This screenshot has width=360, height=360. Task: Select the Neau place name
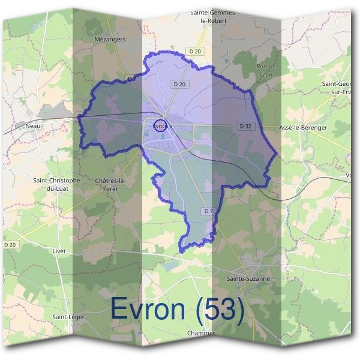34,126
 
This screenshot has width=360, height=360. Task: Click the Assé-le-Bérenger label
303,128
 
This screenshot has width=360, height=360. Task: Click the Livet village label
59,251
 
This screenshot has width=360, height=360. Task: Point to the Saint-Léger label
68,316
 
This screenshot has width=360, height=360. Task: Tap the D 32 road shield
245,126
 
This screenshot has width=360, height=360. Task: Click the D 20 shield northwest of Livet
10,245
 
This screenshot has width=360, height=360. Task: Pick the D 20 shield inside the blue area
179,84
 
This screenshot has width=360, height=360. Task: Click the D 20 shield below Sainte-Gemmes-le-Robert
193,52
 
